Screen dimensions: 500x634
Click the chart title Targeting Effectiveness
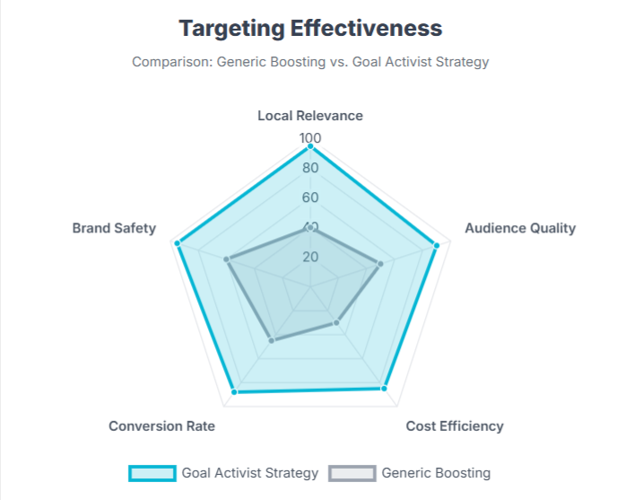click(310, 28)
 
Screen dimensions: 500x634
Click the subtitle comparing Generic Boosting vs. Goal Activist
click(310, 62)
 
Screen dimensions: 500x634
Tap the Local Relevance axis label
click(310, 116)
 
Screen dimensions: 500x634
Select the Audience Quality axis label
click(520, 228)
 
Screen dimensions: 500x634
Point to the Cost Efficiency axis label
click(455, 425)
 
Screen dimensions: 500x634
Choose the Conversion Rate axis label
click(161, 425)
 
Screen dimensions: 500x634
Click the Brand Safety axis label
click(114, 228)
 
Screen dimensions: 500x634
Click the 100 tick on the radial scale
click(310, 138)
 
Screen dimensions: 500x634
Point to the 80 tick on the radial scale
click(310, 168)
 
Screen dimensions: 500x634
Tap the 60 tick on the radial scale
click(310, 197)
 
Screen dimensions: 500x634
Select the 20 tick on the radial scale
click(310, 257)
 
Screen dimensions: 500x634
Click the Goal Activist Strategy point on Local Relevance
click(310, 145)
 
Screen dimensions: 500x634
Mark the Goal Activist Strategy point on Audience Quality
click(437, 244)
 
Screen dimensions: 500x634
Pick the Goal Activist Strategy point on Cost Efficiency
click(384, 388)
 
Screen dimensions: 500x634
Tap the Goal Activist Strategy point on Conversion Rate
click(235, 391)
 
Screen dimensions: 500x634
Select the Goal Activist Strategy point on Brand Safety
click(178, 243)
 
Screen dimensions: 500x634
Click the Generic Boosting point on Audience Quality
click(380, 264)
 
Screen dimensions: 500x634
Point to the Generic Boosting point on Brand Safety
click(228, 260)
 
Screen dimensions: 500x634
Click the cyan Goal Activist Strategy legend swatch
click(152, 473)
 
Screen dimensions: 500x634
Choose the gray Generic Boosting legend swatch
click(352, 473)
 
